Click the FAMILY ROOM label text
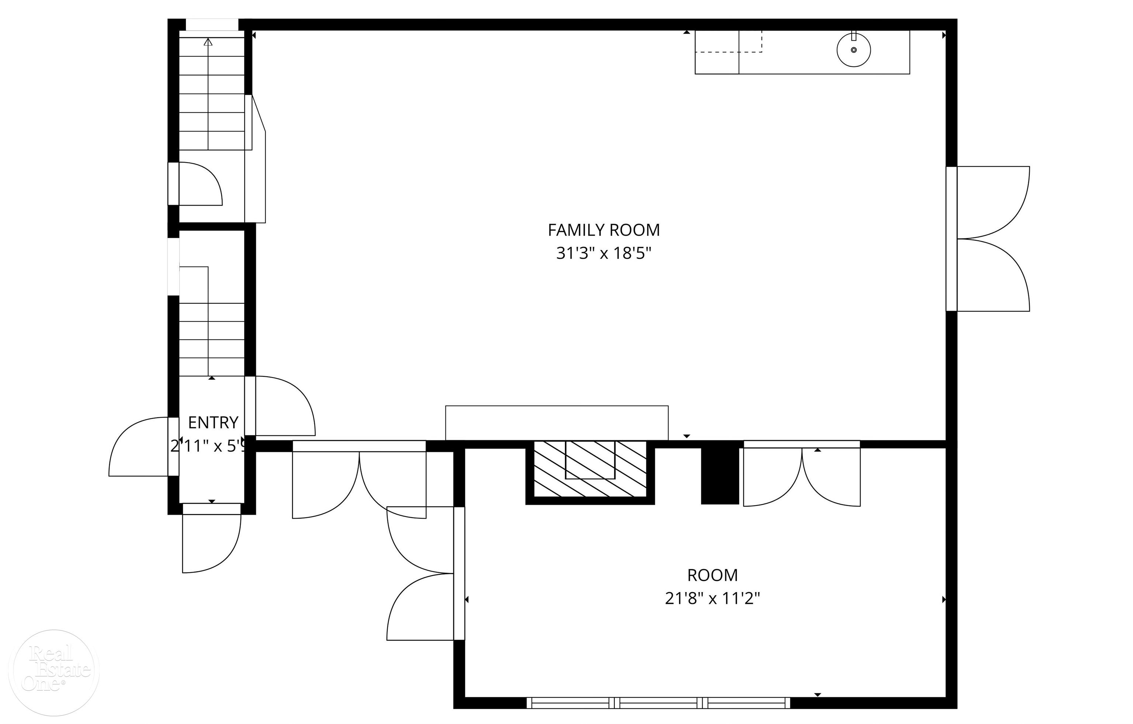603,230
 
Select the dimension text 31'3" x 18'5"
603,254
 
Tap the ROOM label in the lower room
712,575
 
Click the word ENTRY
213,422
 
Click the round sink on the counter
853,50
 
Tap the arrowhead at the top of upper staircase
208,42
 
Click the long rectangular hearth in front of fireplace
556,422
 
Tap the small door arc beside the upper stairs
200,184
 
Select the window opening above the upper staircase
212,24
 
